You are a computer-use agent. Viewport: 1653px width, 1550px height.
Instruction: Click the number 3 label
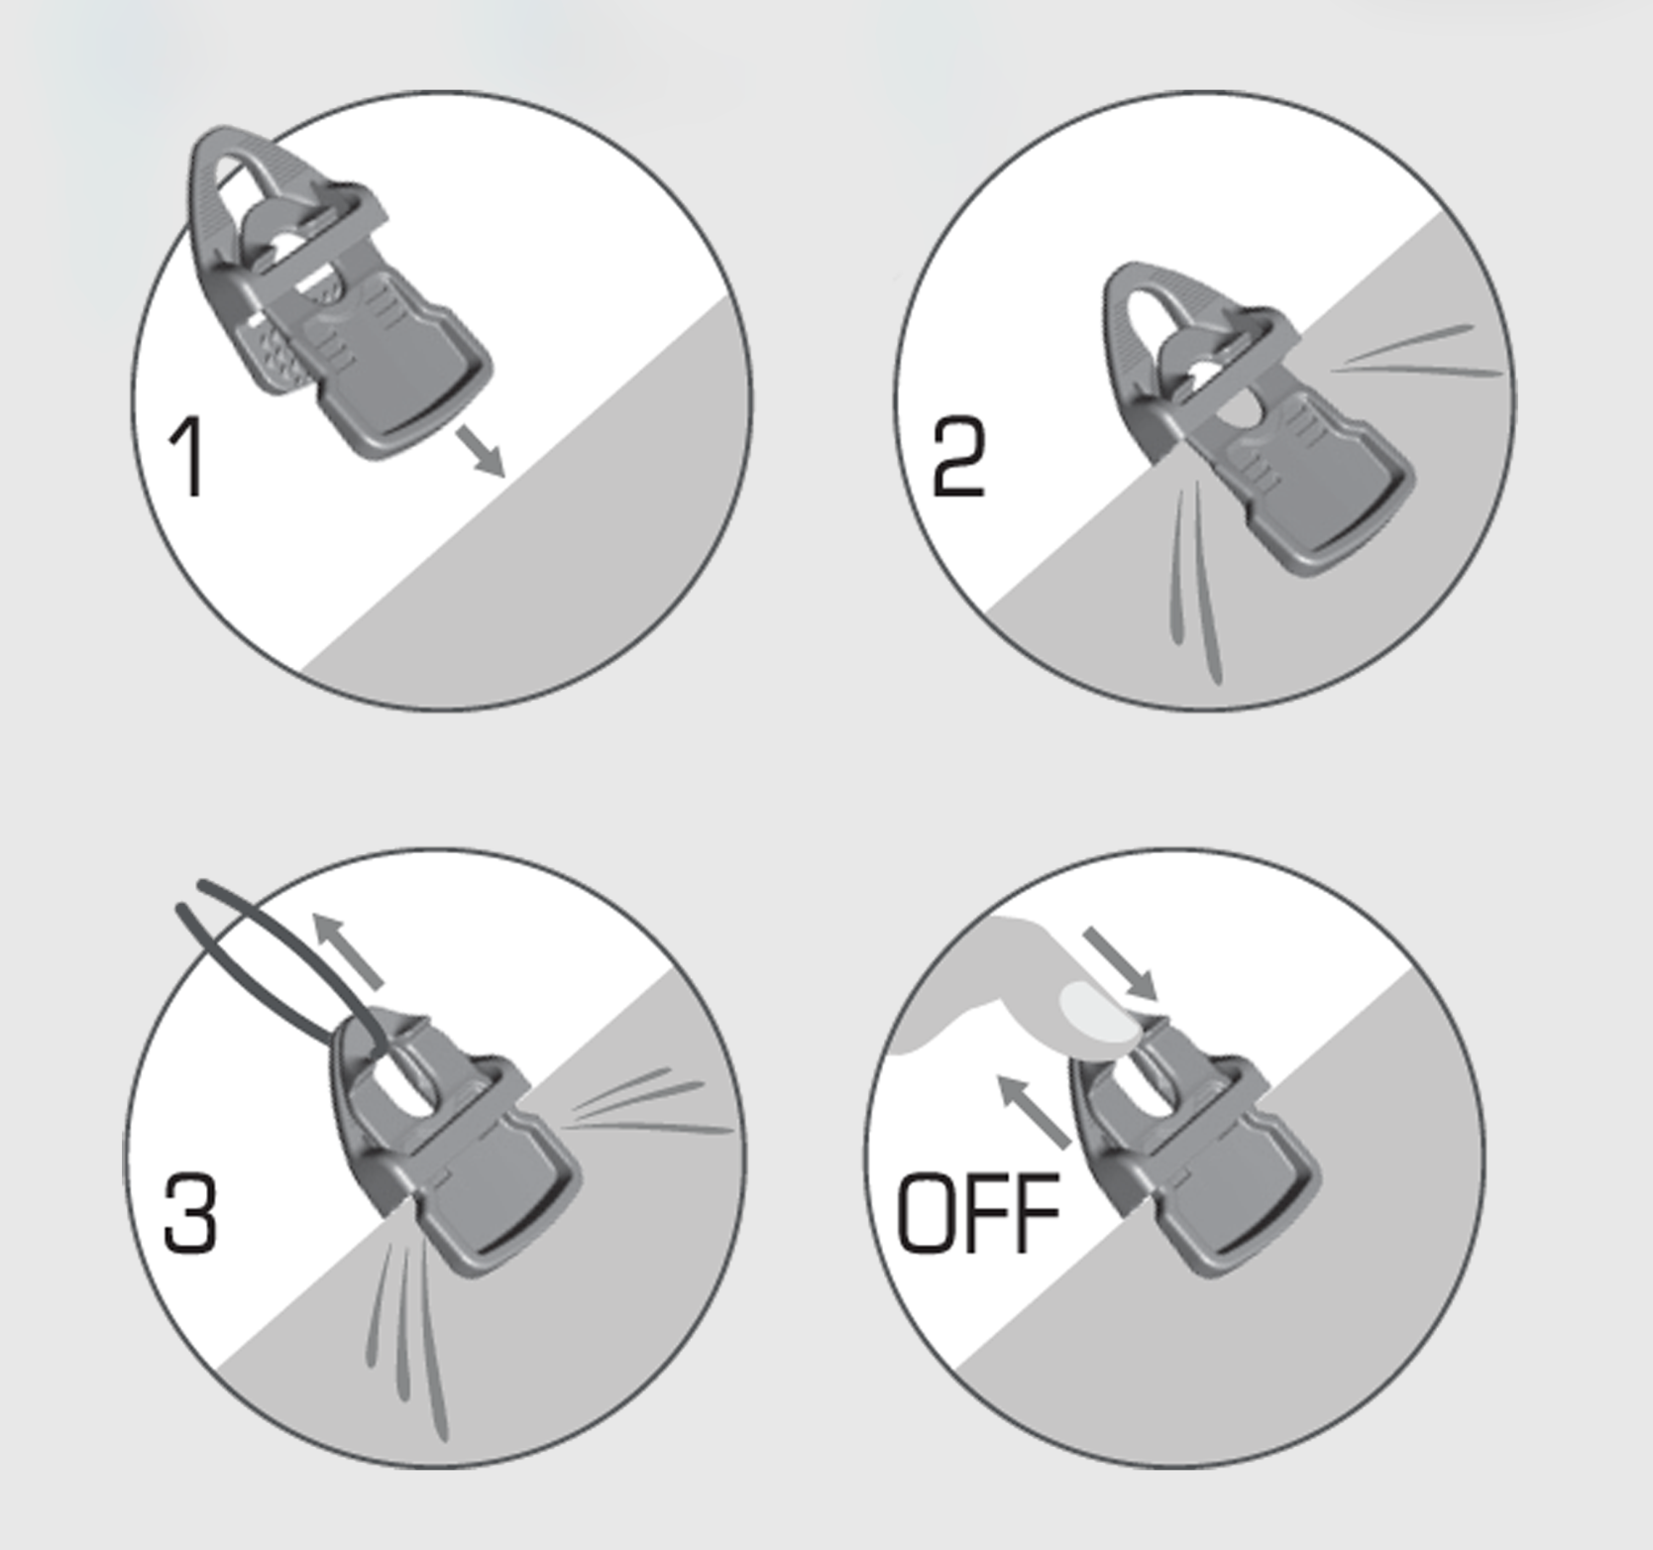[x=189, y=1213]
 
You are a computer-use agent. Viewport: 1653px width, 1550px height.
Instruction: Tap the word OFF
[x=977, y=1213]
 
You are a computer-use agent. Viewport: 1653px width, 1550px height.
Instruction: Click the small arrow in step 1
[x=484, y=452]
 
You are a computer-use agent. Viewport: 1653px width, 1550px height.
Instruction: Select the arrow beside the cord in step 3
[x=348, y=951]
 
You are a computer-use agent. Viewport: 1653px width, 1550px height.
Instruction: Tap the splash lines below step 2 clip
[x=1194, y=585]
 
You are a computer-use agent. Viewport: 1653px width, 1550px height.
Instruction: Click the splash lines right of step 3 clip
[x=644, y=1105]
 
